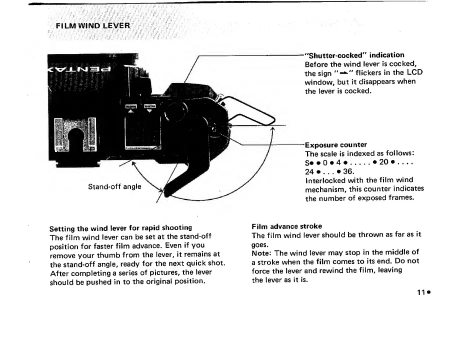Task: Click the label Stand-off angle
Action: click(114, 186)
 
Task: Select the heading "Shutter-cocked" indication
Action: click(354, 54)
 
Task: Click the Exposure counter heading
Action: click(336, 145)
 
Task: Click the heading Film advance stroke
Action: click(287, 226)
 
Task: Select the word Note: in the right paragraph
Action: click(262, 252)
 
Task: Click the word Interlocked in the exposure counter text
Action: click(326, 179)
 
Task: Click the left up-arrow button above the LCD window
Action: click(131, 108)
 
